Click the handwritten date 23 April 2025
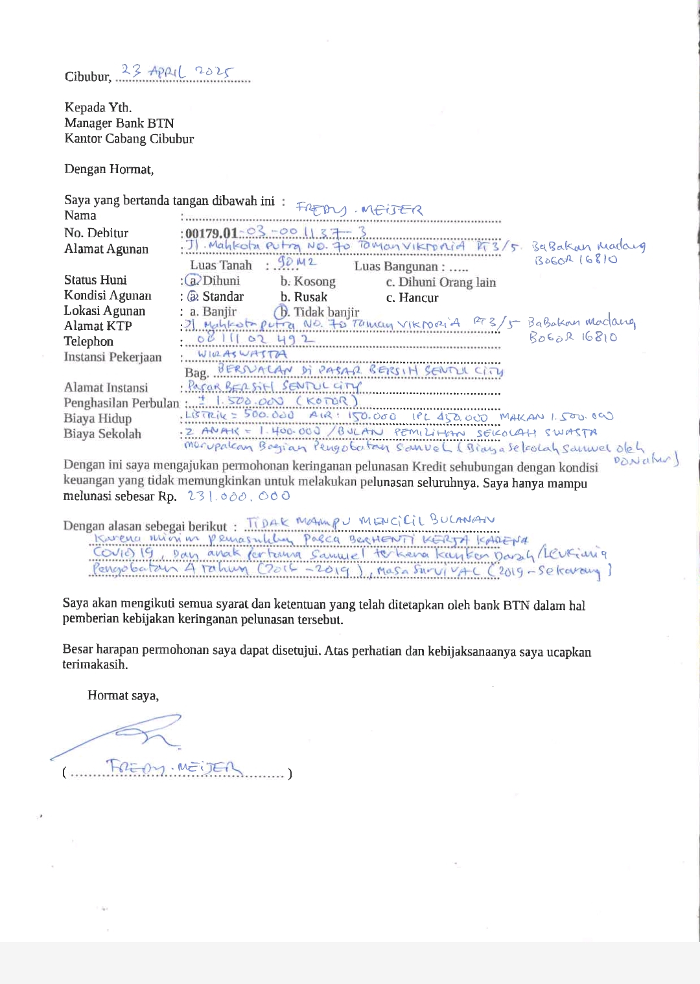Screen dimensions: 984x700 coord(178,72)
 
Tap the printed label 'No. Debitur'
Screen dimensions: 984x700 coord(96,233)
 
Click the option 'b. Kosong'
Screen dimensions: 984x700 coord(308,281)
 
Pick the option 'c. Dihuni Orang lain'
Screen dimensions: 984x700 coord(441,282)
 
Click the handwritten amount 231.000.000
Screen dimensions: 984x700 coord(239,496)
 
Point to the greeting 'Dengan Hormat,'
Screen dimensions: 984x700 coord(109,169)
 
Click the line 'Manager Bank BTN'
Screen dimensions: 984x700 coord(119,123)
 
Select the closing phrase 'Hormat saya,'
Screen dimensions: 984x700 coord(123,696)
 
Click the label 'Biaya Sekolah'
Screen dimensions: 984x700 coord(102,434)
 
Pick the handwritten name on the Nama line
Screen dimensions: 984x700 coord(359,209)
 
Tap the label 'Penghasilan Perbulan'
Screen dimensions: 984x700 coord(121,403)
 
